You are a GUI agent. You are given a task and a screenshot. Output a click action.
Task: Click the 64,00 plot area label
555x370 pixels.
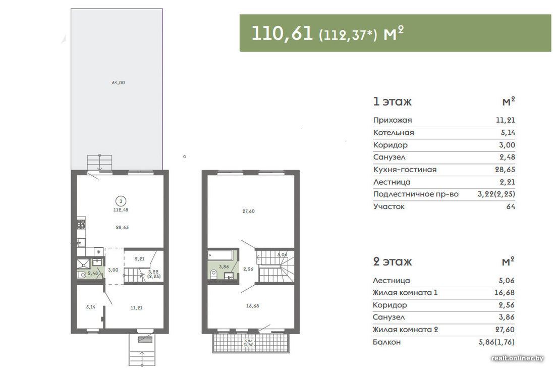click(x=118, y=82)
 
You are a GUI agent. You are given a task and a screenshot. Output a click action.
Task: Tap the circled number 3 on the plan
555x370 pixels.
click(x=121, y=201)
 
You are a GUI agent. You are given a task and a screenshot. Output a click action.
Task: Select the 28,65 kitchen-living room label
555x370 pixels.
click(x=122, y=227)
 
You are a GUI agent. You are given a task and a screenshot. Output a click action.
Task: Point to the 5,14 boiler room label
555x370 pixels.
click(x=91, y=307)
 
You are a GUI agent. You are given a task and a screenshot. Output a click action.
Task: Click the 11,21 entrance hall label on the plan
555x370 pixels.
click(x=136, y=308)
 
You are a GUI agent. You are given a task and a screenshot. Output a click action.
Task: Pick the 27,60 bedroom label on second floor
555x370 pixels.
click(x=248, y=211)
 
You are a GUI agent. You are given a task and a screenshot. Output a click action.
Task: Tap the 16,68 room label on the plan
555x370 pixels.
click(x=252, y=306)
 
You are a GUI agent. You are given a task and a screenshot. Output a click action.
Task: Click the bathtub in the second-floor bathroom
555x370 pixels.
click(x=220, y=255)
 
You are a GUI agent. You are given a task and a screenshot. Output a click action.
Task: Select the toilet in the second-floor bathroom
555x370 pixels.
click(x=213, y=274)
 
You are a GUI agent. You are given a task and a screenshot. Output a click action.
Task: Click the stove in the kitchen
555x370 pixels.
click(x=81, y=224)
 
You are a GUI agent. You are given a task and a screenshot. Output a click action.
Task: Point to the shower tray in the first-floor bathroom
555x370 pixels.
click(x=84, y=264)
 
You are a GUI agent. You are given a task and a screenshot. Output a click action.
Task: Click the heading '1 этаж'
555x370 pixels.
click(x=392, y=102)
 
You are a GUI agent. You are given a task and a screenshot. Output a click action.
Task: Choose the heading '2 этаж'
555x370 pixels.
click(x=392, y=261)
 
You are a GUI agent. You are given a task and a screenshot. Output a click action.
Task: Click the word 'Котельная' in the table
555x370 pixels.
click(x=394, y=133)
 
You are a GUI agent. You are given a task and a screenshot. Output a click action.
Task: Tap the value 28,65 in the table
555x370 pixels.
click(x=505, y=170)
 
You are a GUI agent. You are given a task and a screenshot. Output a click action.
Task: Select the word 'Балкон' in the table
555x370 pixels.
click(x=386, y=342)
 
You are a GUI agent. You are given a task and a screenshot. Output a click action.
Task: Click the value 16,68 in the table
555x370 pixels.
click(x=505, y=292)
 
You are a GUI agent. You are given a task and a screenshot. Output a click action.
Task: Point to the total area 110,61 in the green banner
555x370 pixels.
click(x=282, y=33)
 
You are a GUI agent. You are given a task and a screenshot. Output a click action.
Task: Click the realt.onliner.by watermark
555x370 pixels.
click(x=517, y=358)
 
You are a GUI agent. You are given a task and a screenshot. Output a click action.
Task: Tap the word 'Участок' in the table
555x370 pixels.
click(x=388, y=207)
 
